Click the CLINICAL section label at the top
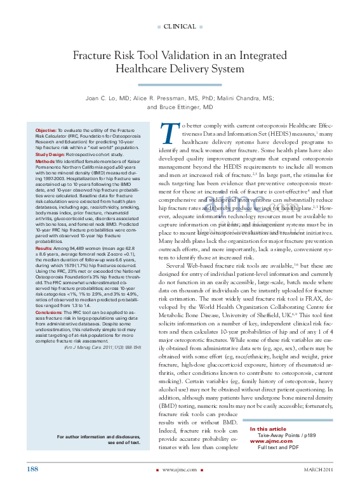click(x=180, y=26)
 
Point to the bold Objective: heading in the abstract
click(x=46, y=129)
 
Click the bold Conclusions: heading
click(x=49, y=312)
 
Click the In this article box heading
click(x=268, y=429)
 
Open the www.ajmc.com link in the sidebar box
click(x=270, y=442)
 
